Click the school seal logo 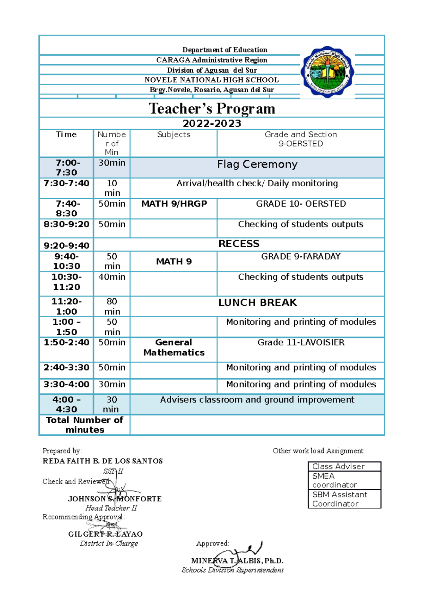[327, 72]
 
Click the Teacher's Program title [212, 108]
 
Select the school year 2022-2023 [212, 124]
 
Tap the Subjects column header [173, 135]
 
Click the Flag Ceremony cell [257, 164]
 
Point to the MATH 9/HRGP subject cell [174, 204]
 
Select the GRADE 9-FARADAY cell [301, 257]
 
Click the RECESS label [239, 244]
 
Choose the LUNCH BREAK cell [257, 303]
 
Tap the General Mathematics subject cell [174, 347]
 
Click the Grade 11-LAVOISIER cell [301, 343]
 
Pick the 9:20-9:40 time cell [66, 245]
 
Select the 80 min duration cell [112, 306]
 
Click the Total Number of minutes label [85, 425]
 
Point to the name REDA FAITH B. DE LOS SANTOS [103, 461]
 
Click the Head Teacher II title [111, 508]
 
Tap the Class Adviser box [344, 467]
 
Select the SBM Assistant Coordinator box [344, 499]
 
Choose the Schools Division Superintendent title [232, 570]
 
